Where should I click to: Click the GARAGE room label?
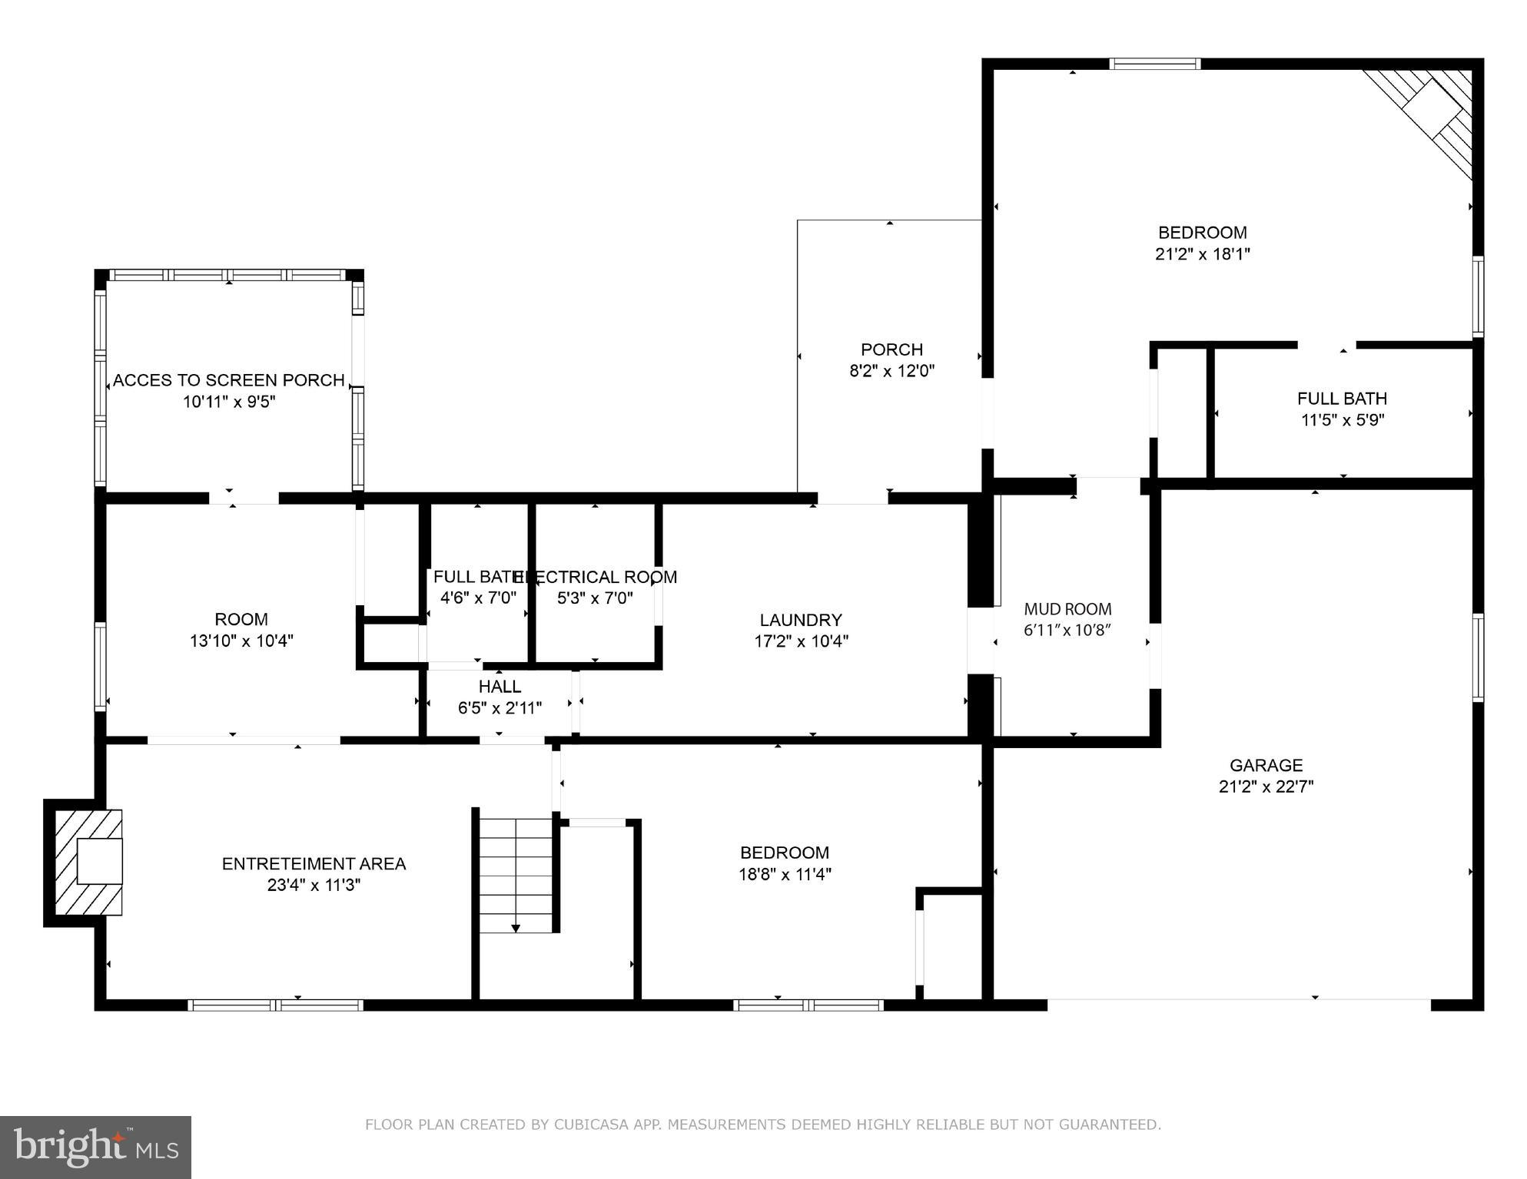(x=1266, y=765)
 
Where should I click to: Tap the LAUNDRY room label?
(x=801, y=620)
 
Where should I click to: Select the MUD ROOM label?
(x=1067, y=609)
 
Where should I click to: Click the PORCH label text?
(x=891, y=349)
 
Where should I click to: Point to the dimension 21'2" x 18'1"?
(x=1203, y=254)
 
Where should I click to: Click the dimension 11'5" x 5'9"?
(x=1343, y=420)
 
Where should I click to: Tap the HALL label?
(x=500, y=687)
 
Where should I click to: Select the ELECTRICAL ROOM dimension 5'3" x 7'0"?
(x=595, y=598)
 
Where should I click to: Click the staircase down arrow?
(x=516, y=928)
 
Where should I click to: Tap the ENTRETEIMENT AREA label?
(x=314, y=864)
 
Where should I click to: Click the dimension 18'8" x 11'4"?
(x=785, y=874)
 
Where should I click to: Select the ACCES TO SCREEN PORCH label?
(x=229, y=380)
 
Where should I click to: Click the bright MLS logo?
(x=95, y=1147)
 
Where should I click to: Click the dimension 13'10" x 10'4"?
(x=241, y=641)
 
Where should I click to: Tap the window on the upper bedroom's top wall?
(x=1154, y=65)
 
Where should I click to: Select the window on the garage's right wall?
(x=1477, y=657)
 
